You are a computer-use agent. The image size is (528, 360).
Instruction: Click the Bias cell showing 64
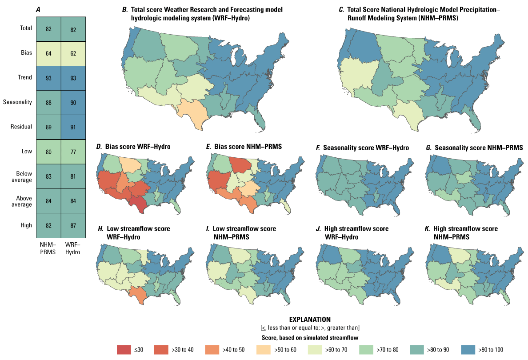coord(48,53)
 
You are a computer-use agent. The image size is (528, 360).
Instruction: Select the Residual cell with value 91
coord(73,127)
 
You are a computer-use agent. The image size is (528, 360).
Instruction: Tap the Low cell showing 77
coord(73,152)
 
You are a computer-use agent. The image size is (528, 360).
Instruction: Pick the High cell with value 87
coord(73,225)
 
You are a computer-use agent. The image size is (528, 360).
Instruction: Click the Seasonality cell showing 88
coord(48,103)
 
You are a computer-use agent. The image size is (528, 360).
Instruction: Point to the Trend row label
coord(25,78)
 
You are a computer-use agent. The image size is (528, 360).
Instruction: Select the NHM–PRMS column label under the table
coord(48,248)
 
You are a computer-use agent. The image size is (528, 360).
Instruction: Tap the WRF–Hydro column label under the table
coord(73,248)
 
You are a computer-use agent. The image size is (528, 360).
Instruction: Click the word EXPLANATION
coord(310,320)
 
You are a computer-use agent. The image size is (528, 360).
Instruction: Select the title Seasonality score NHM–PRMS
coord(474,147)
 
